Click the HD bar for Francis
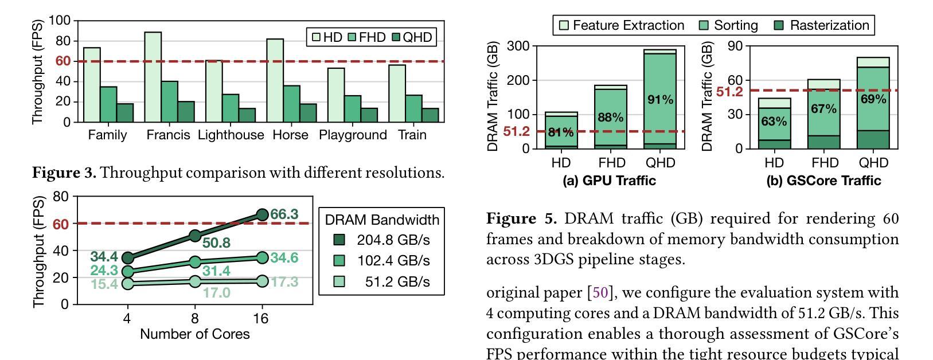(153, 77)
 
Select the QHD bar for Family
(125, 113)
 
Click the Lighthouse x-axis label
(231, 135)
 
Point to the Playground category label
(353, 135)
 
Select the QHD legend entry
(411, 37)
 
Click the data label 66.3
(284, 214)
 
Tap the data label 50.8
(216, 243)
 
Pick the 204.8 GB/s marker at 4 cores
(128, 258)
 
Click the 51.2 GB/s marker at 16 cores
(262, 281)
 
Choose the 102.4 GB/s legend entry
(382, 261)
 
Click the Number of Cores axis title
(194, 334)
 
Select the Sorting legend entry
(729, 26)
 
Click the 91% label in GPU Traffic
(660, 100)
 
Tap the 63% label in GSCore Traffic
(774, 122)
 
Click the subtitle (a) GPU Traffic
(609, 181)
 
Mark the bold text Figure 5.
(521, 218)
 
